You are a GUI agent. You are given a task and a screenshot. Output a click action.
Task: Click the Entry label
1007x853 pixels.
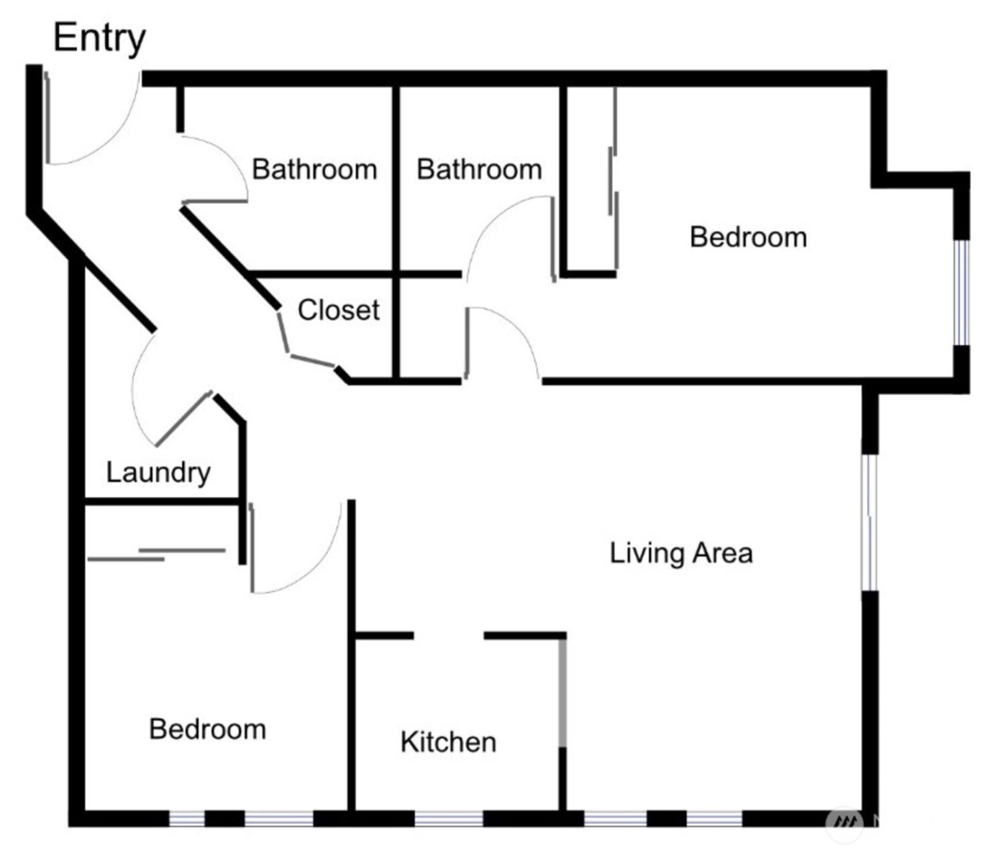[99, 38]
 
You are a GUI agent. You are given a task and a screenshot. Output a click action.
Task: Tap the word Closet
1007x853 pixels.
[338, 310]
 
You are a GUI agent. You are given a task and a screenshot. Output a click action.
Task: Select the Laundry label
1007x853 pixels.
[158, 473]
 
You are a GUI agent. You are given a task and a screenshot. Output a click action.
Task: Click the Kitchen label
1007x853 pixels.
[448, 742]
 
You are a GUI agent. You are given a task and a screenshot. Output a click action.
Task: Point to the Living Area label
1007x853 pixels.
[681, 553]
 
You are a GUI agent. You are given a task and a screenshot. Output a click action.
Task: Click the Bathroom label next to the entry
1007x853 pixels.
[314, 170]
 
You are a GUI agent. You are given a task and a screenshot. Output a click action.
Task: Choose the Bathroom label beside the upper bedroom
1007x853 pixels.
[479, 170]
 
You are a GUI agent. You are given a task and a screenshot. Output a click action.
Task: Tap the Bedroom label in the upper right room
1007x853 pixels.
[748, 237]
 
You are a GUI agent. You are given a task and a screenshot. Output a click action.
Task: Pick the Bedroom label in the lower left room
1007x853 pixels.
[207, 729]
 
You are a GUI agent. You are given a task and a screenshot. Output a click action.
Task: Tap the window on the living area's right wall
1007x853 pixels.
[870, 522]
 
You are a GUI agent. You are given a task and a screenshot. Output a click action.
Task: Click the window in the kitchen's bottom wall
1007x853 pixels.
[448, 818]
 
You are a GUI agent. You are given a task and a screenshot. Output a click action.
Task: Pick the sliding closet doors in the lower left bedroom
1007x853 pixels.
[158, 554]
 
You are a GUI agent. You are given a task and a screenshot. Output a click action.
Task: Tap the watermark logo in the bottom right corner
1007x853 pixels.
[845, 822]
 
